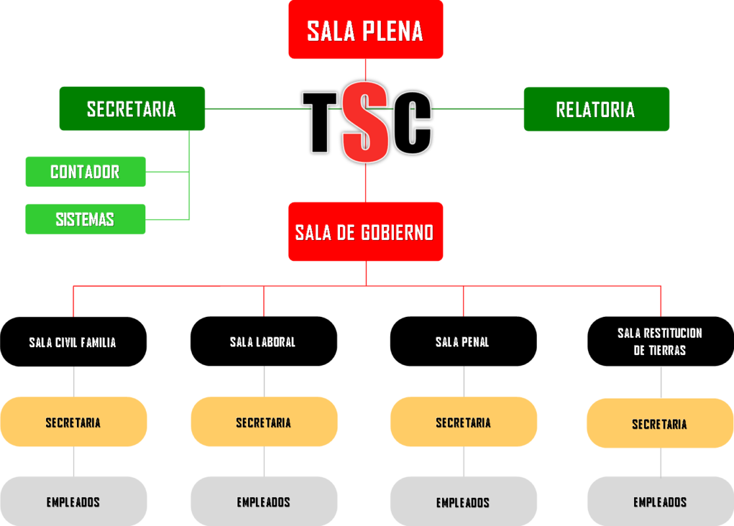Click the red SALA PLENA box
click(366, 30)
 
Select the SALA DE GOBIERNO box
click(366, 231)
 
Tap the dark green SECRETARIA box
click(132, 108)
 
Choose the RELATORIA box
click(596, 108)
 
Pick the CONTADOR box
click(86, 172)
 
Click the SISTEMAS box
click(85, 219)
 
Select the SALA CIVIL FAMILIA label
click(72, 343)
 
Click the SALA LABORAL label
click(262, 342)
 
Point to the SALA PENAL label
click(462, 342)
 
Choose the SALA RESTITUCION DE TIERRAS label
click(660, 342)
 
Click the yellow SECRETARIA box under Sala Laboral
click(264, 422)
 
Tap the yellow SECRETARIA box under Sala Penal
click(464, 422)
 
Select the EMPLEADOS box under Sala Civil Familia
click(73, 502)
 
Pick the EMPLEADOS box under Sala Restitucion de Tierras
click(660, 502)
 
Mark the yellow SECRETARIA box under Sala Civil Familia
click(73, 422)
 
